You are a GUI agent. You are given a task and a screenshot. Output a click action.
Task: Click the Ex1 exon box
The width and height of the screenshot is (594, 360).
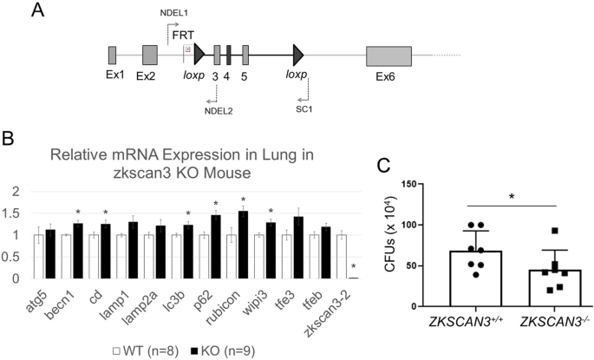point(112,55)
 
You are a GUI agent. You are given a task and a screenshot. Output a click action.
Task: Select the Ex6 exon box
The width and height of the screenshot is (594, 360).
point(389,55)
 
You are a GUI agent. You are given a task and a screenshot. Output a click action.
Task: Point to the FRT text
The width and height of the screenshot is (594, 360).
point(184,33)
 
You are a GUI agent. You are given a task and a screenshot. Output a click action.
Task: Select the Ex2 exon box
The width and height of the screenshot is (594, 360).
point(149,55)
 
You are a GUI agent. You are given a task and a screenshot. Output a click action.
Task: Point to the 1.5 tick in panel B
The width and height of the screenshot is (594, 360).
point(13,213)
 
